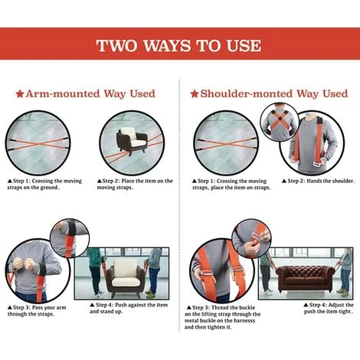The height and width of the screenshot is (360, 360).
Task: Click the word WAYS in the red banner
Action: point(167,46)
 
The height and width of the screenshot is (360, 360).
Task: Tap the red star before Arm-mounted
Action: point(20,94)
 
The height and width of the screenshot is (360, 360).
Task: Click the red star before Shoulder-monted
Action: point(195,94)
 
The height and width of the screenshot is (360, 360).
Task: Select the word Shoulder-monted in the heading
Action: point(247,93)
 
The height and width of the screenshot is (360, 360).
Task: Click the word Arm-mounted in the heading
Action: point(63,93)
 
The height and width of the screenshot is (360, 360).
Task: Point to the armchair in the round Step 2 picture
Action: point(132,141)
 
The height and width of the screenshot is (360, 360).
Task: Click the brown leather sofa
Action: point(305,279)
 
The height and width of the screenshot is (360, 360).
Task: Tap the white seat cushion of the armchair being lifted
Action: point(126,281)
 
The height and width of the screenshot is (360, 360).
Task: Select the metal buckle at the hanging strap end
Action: point(316,164)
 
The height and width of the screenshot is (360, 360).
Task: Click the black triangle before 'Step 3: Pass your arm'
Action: point(10,307)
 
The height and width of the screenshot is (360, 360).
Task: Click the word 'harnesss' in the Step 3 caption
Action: point(244,321)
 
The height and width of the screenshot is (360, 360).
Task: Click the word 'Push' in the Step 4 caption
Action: point(120,305)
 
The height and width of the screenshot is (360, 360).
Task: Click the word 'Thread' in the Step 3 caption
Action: point(221,307)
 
